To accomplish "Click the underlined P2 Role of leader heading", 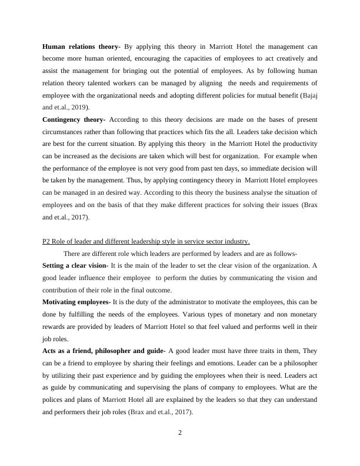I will point(146,241).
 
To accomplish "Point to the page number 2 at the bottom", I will point(180,433).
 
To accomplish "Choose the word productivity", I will point(299,145).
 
